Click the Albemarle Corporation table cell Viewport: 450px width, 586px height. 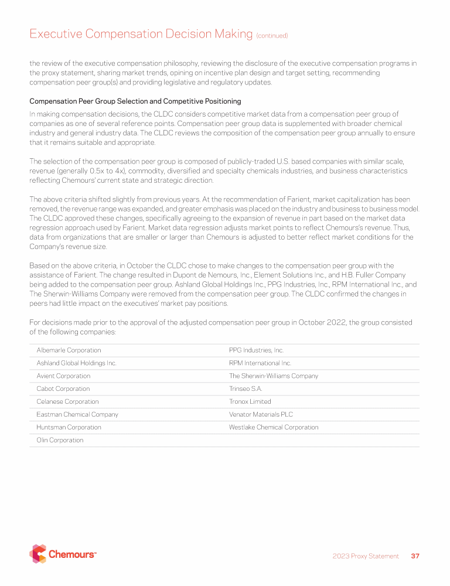tap(69, 350)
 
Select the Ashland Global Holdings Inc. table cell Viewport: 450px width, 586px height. tap(76, 363)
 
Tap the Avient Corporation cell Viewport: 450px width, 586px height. tap(63, 376)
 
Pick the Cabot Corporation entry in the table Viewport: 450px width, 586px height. tap(63, 389)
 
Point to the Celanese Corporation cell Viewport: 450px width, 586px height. tap(67, 402)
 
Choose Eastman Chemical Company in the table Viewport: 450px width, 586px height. tap(77, 415)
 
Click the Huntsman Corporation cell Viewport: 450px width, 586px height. tap(69, 428)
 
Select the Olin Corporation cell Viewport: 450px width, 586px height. tap(60, 441)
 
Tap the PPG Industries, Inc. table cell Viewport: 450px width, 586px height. tap(256, 350)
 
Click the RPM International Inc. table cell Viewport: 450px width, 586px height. tap(260, 363)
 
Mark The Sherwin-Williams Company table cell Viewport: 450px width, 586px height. tap(273, 376)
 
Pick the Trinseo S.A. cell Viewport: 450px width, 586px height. tap(246, 389)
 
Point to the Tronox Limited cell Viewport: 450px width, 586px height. tap(250, 402)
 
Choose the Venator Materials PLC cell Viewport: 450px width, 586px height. tap(261, 415)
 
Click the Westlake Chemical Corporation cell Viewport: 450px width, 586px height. tap(274, 428)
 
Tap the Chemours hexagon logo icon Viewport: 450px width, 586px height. tap(37, 554)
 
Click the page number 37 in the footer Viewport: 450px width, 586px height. tap(415, 556)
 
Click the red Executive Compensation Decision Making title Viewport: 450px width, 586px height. tap(141, 34)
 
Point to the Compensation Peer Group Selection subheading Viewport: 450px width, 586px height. tap(135, 101)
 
